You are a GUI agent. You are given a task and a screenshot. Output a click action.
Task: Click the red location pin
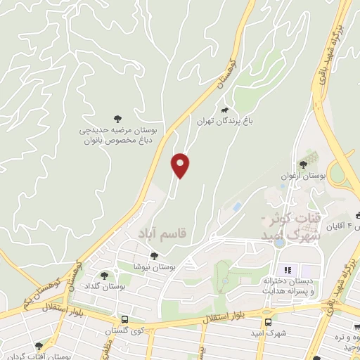(181, 165)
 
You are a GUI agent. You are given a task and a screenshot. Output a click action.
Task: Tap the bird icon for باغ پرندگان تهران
(224, 110)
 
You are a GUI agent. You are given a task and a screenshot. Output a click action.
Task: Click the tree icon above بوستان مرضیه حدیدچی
(117, 120)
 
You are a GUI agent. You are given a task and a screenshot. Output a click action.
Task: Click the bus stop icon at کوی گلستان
(124, 320)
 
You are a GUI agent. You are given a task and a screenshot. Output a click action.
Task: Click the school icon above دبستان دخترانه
(287, 270)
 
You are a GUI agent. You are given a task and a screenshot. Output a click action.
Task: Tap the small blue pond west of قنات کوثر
(237, 207)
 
